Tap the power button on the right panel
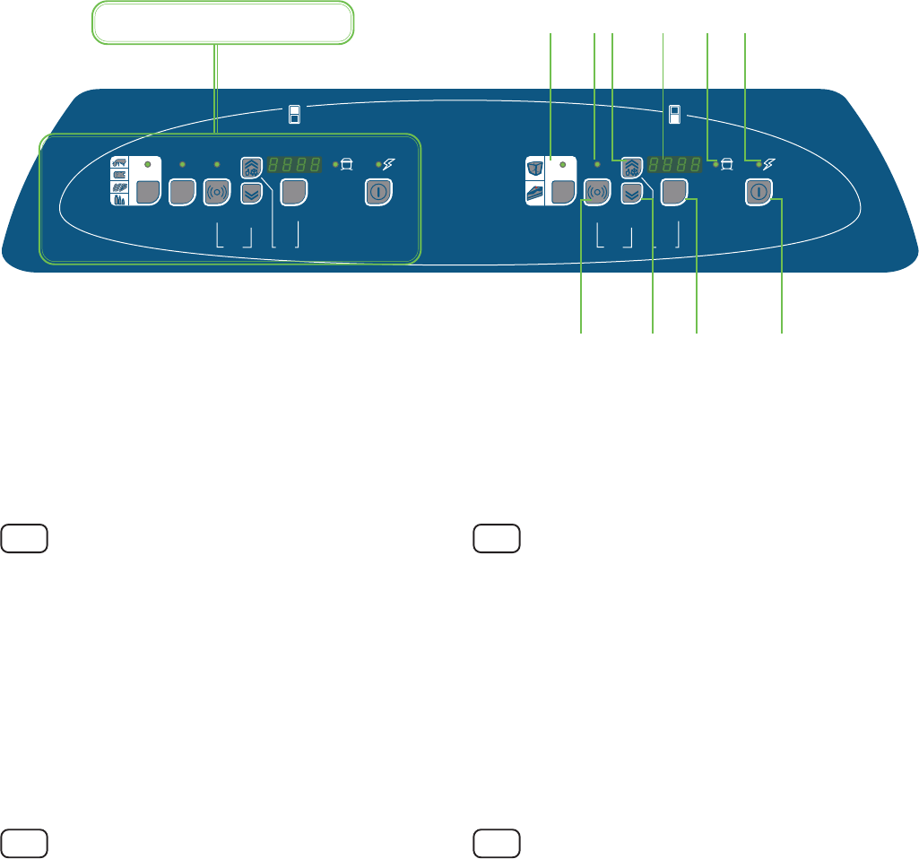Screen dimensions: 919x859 click(x=759, y=192)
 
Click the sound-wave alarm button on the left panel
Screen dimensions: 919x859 click(x=216, y=192)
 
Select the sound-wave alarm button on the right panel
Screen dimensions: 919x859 click(x=598, y=192)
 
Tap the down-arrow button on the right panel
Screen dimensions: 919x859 click(x=632, y=192)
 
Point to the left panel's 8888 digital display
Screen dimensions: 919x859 click(x=296, y=166)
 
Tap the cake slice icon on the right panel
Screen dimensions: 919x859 click(x=536, y=192)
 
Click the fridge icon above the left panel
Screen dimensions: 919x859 click(x=293, y=114)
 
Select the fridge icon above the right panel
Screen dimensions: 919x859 click(x=674, y=114)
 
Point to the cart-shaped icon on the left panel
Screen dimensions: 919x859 click(x=346, y=165)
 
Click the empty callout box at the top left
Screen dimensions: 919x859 click(x=221, y=23)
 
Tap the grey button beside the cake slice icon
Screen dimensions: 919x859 click(x=562, y=192)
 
